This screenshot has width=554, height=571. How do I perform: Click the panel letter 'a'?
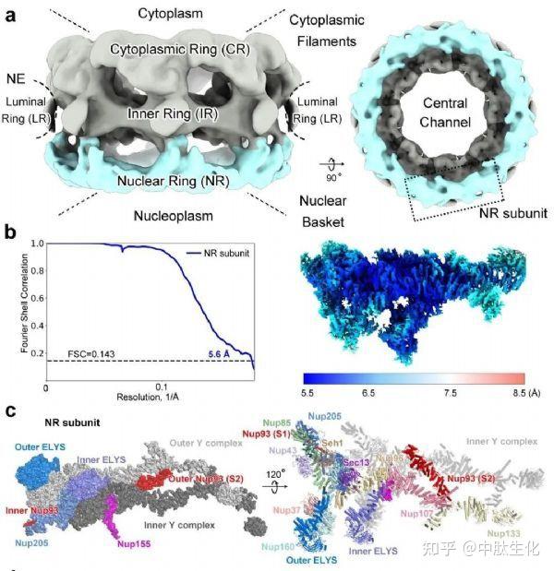click(x=12, y=14)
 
